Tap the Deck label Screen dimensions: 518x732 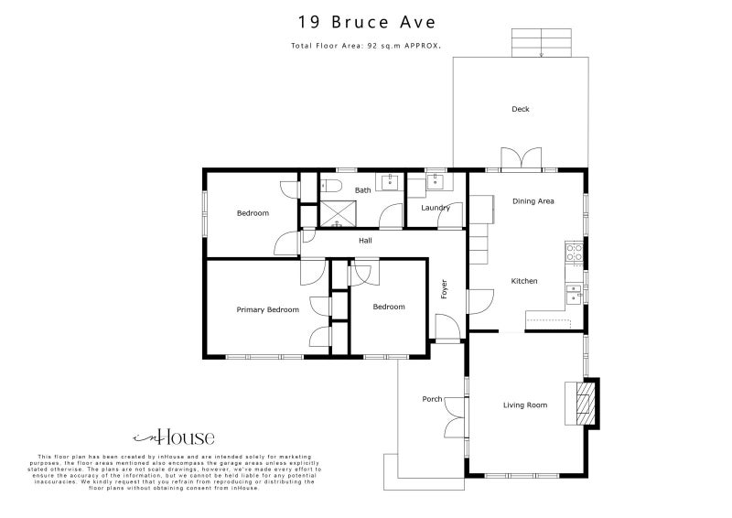click(x=521, y=110)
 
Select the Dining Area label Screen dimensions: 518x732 click(x=533, y=201)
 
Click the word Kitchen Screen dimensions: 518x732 click(x=524, y=281)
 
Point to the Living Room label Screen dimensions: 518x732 click(x=525, y=405)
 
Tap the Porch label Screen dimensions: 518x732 click(x=432, y=399)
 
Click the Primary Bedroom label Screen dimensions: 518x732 click(x=268, y=309)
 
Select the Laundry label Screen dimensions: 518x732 click(x=436, y=208)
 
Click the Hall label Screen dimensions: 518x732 click(x=365, y=241)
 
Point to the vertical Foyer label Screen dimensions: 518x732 click(x=445, y=288)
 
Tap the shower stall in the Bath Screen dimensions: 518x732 click(x=337, y=214)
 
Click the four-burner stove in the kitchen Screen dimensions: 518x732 click(x=575, y=252)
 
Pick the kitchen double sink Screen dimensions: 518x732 click(x=575, y=294)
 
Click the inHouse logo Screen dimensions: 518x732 click(x=174, y=437)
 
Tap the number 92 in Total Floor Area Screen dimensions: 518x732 click(x=375, y=45)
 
